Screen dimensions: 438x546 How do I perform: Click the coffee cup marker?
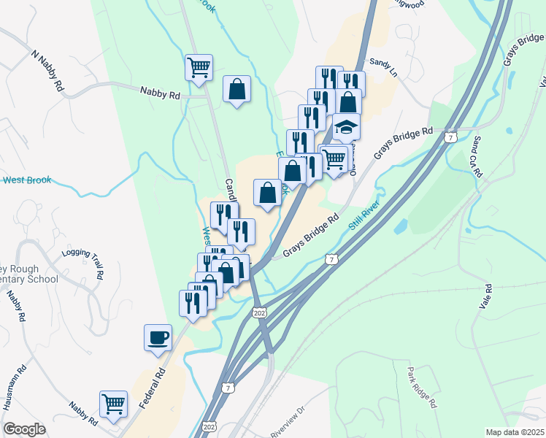158,338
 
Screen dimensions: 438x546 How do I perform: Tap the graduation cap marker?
347,128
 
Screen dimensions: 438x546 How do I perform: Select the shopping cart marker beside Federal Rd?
113,404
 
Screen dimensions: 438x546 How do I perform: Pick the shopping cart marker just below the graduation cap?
334,158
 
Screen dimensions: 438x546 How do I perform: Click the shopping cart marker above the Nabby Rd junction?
199,68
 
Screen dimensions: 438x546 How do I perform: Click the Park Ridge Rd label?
422,388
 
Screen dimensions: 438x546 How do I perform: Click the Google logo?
24,429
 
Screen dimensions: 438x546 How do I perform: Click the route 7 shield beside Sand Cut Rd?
453,137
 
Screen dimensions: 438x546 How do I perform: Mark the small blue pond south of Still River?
399,227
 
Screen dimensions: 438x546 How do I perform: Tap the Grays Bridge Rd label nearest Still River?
312,235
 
